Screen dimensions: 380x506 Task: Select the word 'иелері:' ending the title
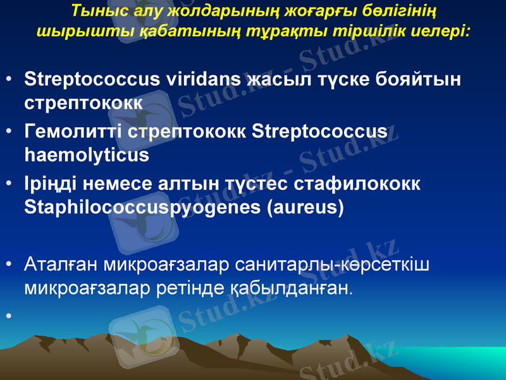coord(443,30)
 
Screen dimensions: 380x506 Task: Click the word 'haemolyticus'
coord(86,154)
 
